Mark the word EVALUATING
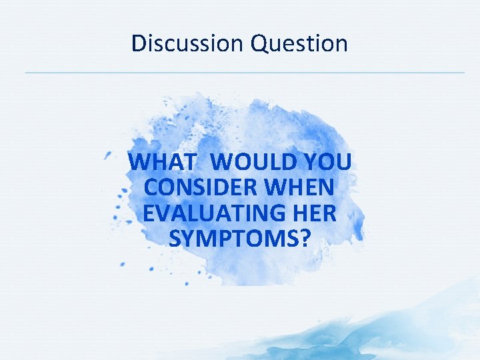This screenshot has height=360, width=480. (x=209, y=213)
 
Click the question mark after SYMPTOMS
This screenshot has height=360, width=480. (x=305, y=238)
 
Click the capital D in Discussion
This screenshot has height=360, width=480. (x=139, y=43)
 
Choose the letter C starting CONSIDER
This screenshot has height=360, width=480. (x=150, y=187)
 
